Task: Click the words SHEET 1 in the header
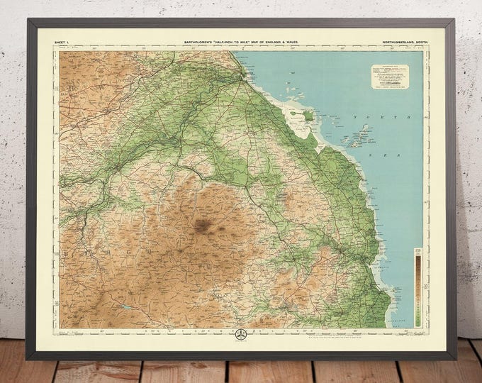pos(63,43)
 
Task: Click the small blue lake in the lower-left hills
pos(125,306)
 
